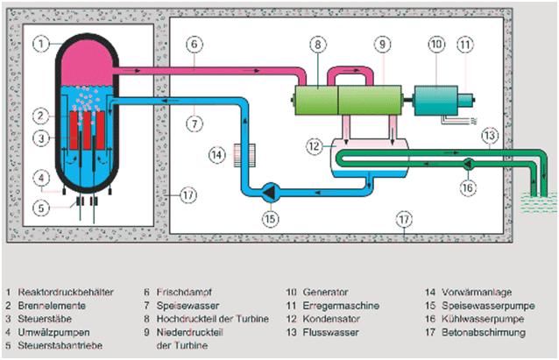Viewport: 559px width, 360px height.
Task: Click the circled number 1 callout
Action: tap(39, 41)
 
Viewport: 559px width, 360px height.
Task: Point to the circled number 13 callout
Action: tap(491, 134)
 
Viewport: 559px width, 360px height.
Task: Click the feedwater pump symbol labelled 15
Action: tap(271, 188)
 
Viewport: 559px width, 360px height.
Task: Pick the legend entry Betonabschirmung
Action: tap(475, 334)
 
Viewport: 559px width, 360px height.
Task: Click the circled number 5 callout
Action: tap(38, 208)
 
